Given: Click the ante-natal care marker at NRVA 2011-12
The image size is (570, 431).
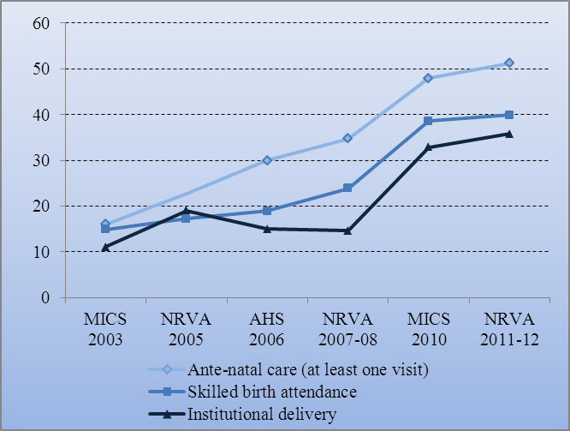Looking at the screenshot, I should (x=508, y=63).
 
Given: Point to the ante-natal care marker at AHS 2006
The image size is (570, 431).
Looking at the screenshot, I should (x=267, y=160).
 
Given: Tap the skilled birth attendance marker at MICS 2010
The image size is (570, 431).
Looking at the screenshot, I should (x=428, y=121).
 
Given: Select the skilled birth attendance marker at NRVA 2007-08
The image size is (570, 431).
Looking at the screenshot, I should (x=347, y=189).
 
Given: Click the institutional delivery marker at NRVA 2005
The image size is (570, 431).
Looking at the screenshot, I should (x=186, y=211).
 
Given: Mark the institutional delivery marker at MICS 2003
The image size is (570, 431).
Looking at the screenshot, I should (x=105, y=248).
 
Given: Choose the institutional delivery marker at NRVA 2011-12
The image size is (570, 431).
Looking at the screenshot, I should (x=508, y=134).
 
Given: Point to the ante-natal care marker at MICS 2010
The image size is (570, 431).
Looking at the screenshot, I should (x=428, y=78).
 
